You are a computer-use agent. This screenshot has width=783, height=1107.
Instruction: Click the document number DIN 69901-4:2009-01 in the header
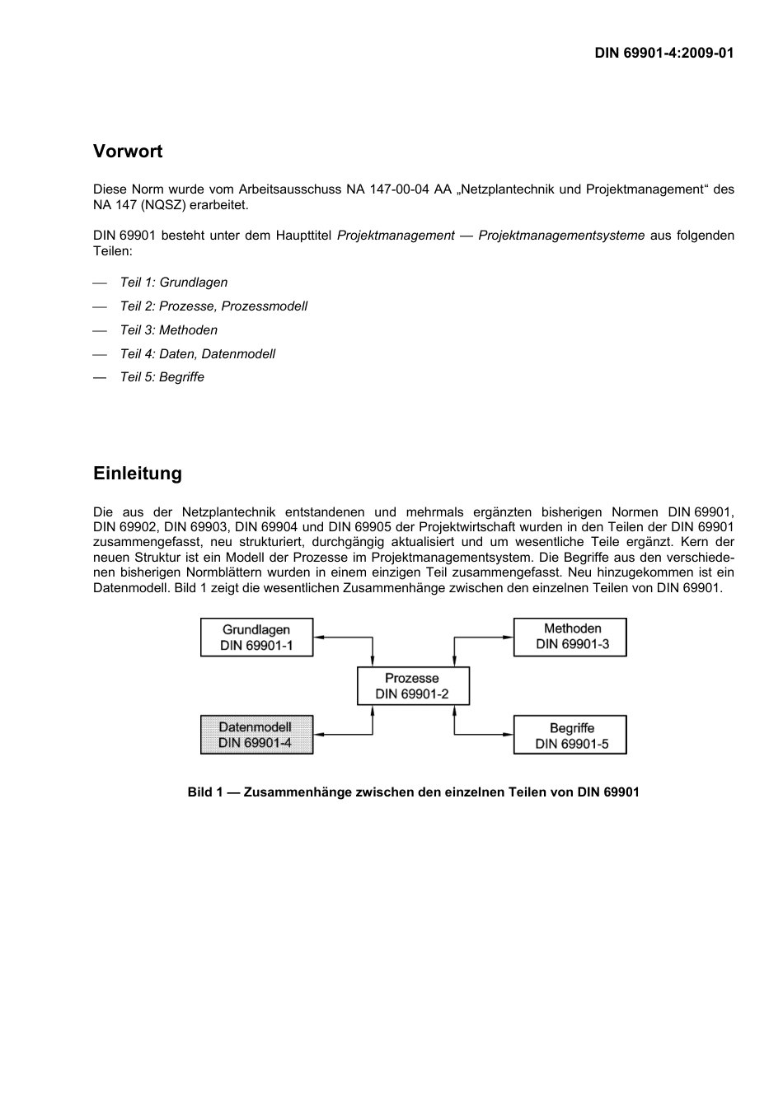[x=664, y=53]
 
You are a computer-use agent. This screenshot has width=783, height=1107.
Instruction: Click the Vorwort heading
[x=128, y=152]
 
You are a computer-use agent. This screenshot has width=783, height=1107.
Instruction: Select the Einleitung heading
[x=138, y=474]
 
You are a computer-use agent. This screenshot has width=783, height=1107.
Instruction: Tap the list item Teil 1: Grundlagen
[x=174, y=283]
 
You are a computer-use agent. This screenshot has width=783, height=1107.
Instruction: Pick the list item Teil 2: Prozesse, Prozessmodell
[x=213, y=306]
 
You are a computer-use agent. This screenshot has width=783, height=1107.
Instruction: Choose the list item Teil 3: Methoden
[x=169, y=330]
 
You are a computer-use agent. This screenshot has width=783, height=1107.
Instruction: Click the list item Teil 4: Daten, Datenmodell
[x=198, y=354]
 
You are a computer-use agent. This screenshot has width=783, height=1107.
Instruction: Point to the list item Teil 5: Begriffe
[x=162, y=377]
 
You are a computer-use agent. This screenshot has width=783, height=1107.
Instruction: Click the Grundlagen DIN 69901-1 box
[x=257, y=638]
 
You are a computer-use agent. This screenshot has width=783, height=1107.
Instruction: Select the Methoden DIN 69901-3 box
[x=570, y=638]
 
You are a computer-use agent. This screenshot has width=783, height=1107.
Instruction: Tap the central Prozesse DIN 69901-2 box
[x=413, y=686]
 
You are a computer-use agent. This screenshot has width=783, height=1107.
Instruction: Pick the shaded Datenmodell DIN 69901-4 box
[x=257, y=735]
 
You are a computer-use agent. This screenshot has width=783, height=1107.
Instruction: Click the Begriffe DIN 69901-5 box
[x=570, y=735]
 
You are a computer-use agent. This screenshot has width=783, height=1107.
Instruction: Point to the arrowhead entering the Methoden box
[x=509, y=637]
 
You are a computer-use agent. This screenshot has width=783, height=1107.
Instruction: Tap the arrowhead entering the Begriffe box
[x=509, y=735]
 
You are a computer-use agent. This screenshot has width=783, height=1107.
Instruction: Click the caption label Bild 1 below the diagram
[x=205, y=792]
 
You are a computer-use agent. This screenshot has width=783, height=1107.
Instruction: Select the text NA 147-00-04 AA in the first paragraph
[x=399, y=189]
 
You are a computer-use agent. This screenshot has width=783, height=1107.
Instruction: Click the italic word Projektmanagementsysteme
[x=561, y=236]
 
